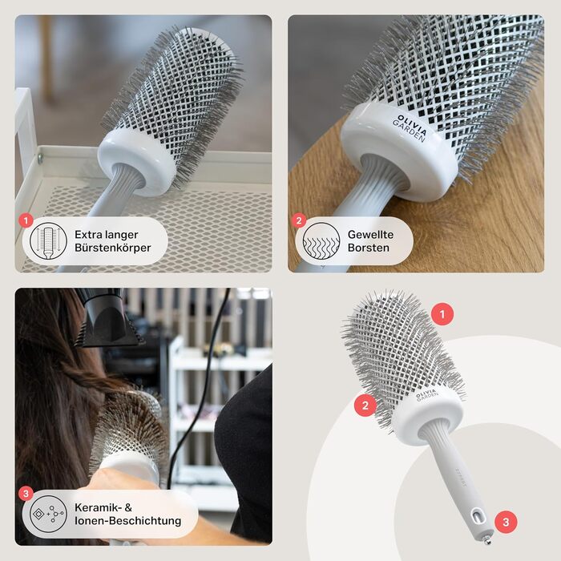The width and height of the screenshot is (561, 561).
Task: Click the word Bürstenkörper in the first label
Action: point(113,248)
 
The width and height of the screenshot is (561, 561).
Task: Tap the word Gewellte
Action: point(370,235)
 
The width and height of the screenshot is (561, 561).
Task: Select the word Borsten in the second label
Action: point(368,248)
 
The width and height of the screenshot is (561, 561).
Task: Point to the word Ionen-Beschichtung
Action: point(127,521)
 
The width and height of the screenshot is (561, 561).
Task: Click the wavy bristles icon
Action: point(321,241)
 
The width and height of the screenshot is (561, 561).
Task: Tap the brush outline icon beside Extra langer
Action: point(48,241)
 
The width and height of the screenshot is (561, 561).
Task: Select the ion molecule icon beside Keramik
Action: point(48,515)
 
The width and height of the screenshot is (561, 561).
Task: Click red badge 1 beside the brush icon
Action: point(26,220)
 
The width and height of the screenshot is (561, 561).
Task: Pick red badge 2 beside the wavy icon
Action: point(299,220)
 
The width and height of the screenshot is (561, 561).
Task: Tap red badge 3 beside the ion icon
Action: point(26,494)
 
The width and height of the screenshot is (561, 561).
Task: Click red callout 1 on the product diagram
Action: point(442,314)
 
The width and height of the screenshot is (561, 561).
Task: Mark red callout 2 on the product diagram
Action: point(365,406)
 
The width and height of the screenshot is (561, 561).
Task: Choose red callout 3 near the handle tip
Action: point(506,522)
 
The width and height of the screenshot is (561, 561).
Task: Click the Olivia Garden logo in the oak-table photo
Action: point(410,128)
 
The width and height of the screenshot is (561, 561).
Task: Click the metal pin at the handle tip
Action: point(486,540)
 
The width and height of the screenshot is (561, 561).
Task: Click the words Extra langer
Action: point(107,235)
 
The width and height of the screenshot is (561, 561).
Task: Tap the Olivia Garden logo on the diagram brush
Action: point(426,394)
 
